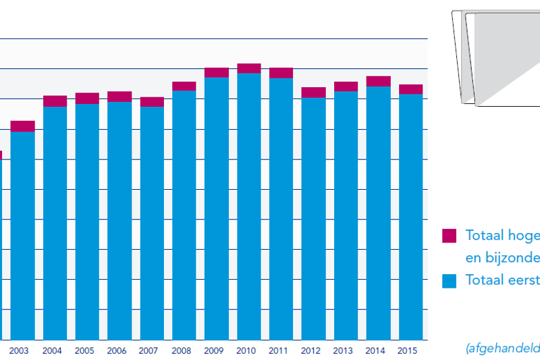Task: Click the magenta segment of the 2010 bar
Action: click(249, 68)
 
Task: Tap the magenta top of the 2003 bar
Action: click(22, 126)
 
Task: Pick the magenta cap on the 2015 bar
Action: click(410, 89)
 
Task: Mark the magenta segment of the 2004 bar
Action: click(55, 101)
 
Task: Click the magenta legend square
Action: click(449, 236)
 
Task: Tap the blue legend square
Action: click(449, 280)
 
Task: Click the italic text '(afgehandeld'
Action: click(502, 348)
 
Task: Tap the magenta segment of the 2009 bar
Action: click(217, 72)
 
